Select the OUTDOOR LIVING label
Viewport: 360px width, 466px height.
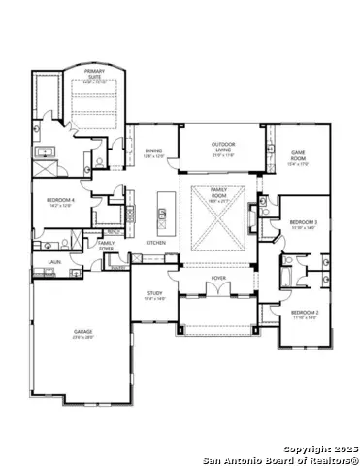[223, 147]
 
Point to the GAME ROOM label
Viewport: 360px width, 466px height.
[298, 153]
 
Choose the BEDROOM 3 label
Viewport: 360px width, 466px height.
[304, 224]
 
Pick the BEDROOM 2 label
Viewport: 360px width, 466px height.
[304, 313]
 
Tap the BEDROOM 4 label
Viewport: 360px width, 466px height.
[59, 202]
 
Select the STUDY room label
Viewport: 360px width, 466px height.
[155, 294]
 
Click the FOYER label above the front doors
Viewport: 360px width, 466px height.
[218, 279]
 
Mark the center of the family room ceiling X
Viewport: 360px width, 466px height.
[218, 220]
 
